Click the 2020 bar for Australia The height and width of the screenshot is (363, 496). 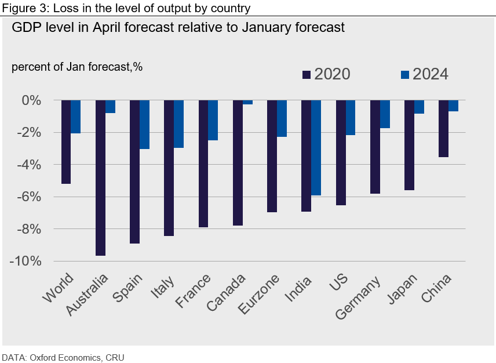coord(100,177)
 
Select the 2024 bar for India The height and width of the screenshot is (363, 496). coord(316,148)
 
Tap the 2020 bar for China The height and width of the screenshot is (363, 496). coord(443,128)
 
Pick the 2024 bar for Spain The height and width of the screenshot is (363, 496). coord(144,125)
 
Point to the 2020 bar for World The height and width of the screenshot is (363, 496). coord(66,141)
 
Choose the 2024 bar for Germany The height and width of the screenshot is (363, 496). coord(385,114)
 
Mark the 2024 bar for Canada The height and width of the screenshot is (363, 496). coord(247,102)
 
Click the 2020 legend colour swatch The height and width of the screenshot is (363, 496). coord(307,74)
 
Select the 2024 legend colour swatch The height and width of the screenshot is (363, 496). coord(405,74)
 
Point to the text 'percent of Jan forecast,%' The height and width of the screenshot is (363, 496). coord(77,67)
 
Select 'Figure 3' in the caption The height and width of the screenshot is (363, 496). coord(20,8)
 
